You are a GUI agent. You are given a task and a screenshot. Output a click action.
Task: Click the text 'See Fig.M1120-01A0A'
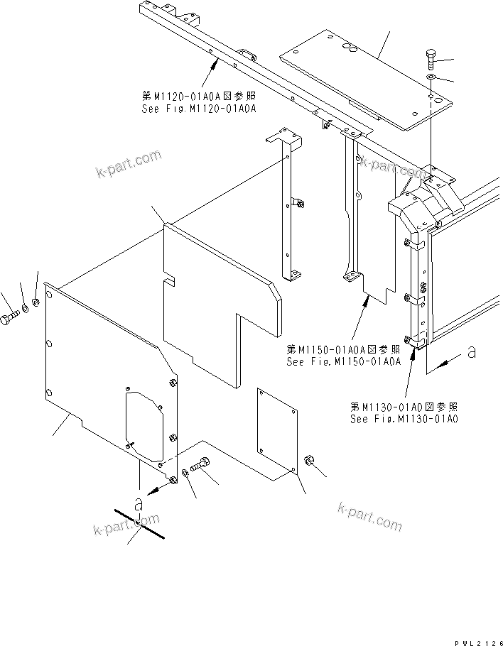tap(199, 109)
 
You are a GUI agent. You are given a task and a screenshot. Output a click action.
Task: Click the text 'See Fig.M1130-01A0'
tap(404, 419)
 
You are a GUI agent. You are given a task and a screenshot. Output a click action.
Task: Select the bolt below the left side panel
tap(201, 465)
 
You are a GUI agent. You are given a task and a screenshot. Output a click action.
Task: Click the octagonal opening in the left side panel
tap(146, 424)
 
